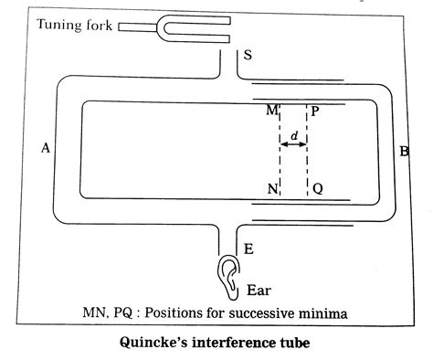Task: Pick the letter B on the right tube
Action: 403,151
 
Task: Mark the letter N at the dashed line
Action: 270,190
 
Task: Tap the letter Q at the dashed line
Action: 317,190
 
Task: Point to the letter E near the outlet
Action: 249,248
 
